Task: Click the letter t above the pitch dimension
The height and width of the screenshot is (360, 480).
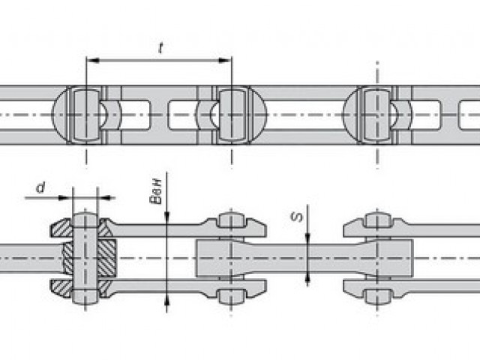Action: coord(160,48)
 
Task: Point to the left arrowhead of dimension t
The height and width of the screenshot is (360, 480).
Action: coord(93,60)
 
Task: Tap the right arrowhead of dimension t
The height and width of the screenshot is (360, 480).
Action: coord(225,60)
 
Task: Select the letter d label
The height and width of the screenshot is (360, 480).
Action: coord(41,187)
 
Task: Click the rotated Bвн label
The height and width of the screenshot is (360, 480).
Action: coord(156,192)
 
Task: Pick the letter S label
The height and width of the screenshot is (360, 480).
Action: coord(297,217)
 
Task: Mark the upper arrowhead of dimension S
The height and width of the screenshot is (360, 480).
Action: coord(307,238)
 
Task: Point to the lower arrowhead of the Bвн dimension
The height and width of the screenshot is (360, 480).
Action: coord(166,301)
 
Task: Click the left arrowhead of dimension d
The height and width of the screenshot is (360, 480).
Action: coord(65,198)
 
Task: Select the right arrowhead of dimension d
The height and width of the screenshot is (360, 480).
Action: coord(104,198)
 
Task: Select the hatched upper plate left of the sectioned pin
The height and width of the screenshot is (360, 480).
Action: coord(61,228)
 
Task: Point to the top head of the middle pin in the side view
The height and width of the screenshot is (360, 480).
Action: coord(232,220)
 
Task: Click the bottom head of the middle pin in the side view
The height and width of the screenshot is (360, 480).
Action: coord(232,296)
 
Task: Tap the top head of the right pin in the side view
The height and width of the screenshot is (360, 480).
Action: coord(377,220)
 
